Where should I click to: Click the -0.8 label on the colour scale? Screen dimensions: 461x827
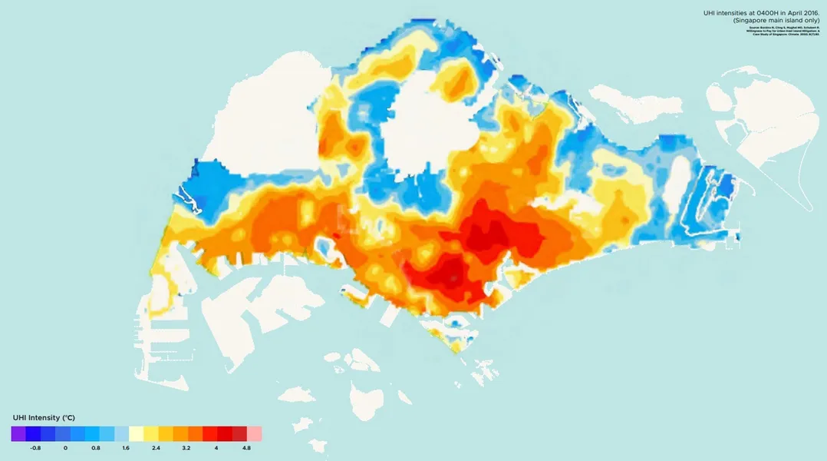coord(35,447)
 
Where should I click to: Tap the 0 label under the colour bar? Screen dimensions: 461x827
coord(65,447)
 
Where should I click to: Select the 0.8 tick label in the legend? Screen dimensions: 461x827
coord(96,447)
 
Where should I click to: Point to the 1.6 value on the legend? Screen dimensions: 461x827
coord(126,447)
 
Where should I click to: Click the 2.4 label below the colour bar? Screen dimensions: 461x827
coord(156,447)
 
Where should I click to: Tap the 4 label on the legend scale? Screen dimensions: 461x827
coord(216,447)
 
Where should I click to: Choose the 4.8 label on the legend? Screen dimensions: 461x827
coord(245,447)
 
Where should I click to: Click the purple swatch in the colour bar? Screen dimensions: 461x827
coord(18,433)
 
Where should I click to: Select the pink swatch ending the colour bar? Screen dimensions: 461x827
coord(254,433)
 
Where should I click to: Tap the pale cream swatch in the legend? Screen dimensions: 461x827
coord(137,433)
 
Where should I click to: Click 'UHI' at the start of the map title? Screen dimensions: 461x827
coord(710,14)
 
